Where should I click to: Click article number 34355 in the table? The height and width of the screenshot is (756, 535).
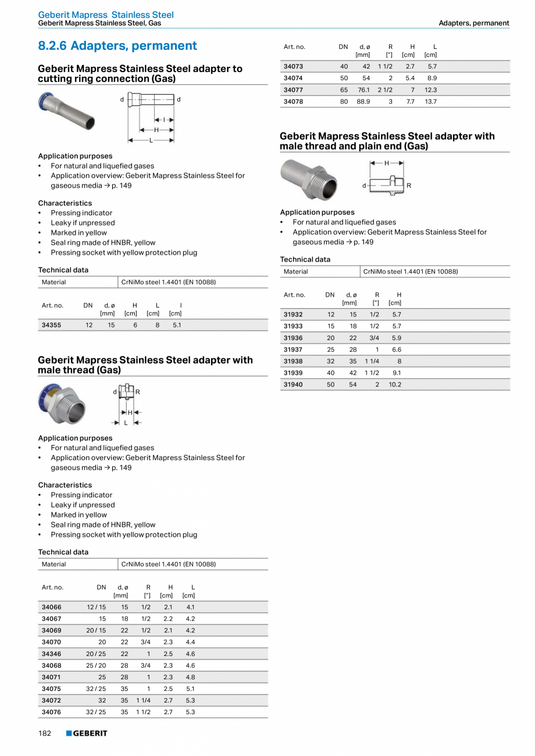(51, 325)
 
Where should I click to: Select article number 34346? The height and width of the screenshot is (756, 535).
(51, 654)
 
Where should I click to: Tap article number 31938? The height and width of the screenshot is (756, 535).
(293, 361)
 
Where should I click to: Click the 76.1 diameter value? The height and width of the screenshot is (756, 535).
(363, 90)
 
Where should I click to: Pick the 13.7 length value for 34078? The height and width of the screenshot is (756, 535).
(430, 102)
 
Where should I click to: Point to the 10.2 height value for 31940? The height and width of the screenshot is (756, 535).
(395, 384)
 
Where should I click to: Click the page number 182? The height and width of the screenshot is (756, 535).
(45, 733)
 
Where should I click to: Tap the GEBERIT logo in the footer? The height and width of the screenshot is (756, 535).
(87, 733)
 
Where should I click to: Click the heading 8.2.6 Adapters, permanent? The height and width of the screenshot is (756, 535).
(117, 46)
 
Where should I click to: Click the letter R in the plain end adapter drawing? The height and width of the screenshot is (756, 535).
(409, 186)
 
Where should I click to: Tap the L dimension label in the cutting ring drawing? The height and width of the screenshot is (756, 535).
(151, 140)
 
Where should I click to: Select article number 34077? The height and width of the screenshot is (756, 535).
(293, 90)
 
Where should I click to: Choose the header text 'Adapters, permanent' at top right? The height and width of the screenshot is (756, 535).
(473, 23)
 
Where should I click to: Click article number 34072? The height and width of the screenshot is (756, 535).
(51, 700)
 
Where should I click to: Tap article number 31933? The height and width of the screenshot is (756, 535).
(293, 326)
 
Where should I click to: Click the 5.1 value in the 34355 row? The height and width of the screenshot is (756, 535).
(177, 325)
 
